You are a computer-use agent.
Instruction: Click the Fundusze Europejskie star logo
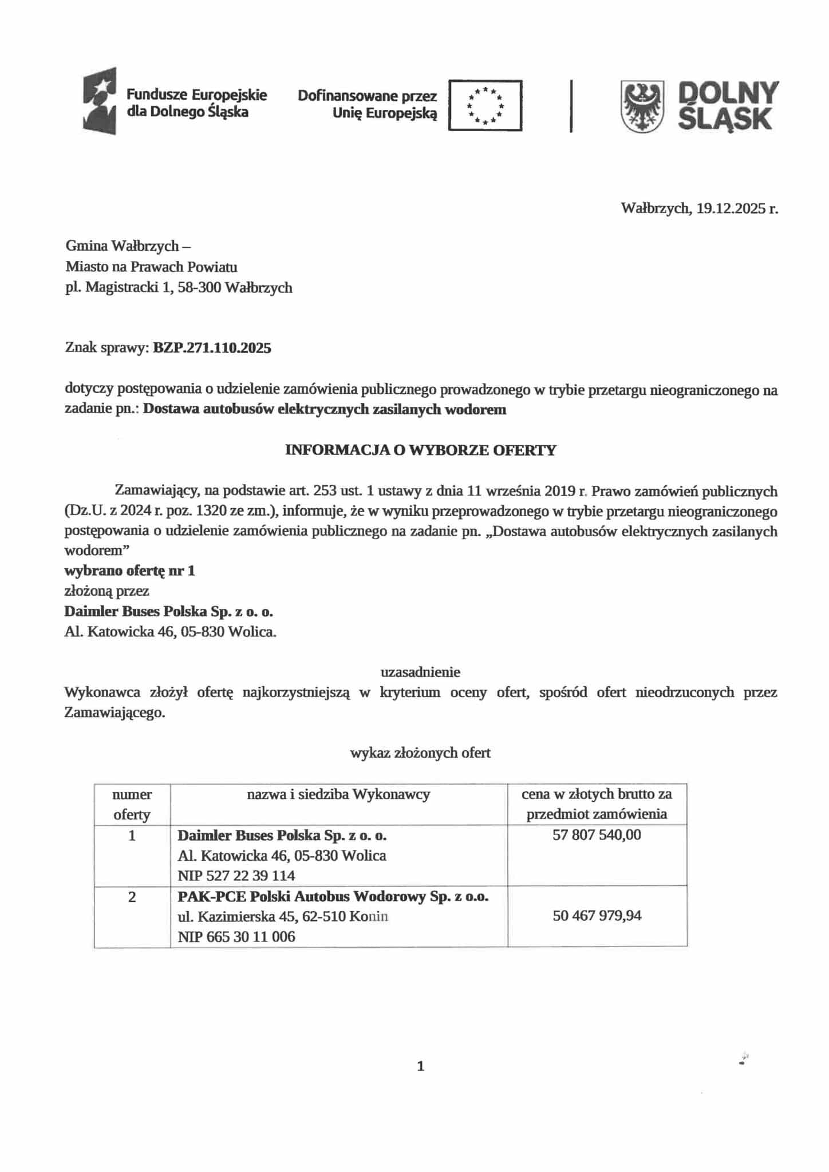click(100, 101)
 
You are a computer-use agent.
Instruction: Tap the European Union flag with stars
click(485, 105)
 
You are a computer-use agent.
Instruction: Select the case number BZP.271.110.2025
click(212, 348)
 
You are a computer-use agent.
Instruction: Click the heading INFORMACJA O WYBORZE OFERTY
click(421, 450)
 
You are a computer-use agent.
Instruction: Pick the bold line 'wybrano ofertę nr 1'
click(129, 571)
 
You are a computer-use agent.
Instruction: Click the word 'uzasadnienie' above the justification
click(420, 671)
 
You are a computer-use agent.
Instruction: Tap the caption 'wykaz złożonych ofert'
click(420, 753)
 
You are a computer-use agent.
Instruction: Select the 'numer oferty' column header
click(132, 804)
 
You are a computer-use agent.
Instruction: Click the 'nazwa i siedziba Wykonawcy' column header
click(338, 794)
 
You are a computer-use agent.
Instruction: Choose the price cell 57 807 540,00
click(597, 835)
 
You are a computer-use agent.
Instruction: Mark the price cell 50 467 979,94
click(597, 916)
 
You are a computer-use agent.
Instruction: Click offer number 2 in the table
click(132, 897)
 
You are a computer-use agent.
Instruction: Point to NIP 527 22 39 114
click(236, 876)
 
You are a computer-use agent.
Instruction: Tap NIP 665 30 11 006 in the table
click(236, 937)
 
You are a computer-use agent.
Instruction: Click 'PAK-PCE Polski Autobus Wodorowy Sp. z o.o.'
click(333, 896)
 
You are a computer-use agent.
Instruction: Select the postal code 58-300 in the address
click(199, 287)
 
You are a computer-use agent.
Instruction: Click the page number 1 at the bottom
click(421, 1066)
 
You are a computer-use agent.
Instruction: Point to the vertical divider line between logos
click(571, 106)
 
